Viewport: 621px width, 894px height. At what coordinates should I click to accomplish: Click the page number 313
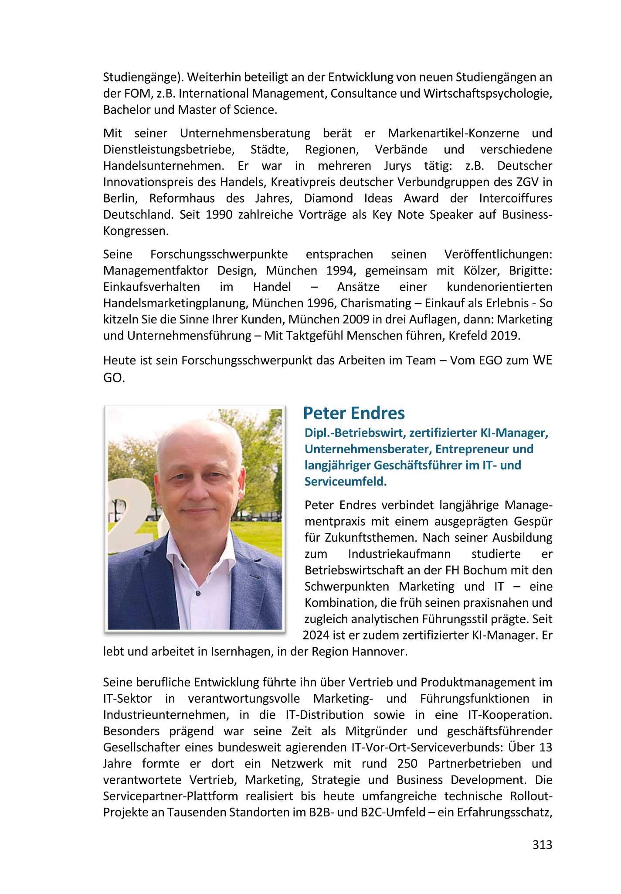[x=542, y=845]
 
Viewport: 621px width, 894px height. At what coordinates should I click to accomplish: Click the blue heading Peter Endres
[x=354, y=413]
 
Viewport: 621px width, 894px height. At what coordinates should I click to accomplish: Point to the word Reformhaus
[x=182, y=198]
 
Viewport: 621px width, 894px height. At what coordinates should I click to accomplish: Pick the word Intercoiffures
[x=516, y=198]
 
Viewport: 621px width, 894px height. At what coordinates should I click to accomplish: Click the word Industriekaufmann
[x=399, y=554]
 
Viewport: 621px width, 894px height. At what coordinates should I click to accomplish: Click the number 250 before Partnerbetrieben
[x=407, y=764]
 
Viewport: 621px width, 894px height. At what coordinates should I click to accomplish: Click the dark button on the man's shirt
[x=198, y=593]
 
